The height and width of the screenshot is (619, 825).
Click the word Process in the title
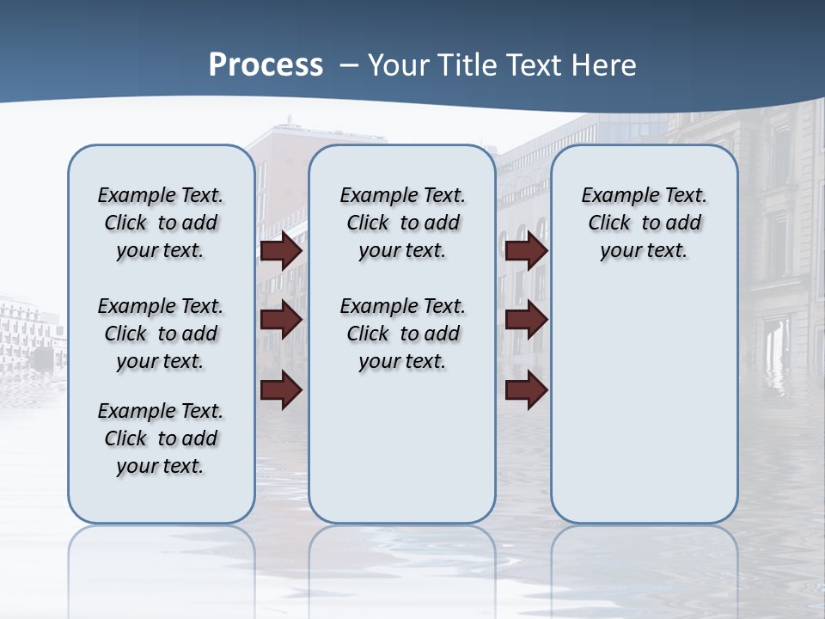point(266,64)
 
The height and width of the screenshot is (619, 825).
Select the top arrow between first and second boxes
point(281,250)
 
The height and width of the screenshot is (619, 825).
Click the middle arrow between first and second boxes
point(281,320)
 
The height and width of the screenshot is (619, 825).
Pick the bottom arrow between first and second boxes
point(281,390)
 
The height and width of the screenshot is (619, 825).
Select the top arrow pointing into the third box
point(526,250)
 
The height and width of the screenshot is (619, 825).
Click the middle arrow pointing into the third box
point(526,320)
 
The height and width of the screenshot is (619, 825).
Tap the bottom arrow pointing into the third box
point(526,390)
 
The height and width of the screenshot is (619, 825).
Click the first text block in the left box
point(161,223)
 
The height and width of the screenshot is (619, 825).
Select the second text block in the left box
point(161,334)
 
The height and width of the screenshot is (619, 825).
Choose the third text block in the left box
point(161,438)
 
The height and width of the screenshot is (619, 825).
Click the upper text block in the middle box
point(402,223)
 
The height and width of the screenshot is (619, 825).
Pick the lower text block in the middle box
point(402,334)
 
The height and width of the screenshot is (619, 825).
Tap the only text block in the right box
point(644,223)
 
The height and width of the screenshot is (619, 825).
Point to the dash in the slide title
point(349,65)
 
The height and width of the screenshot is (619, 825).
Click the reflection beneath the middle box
point(402,559)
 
